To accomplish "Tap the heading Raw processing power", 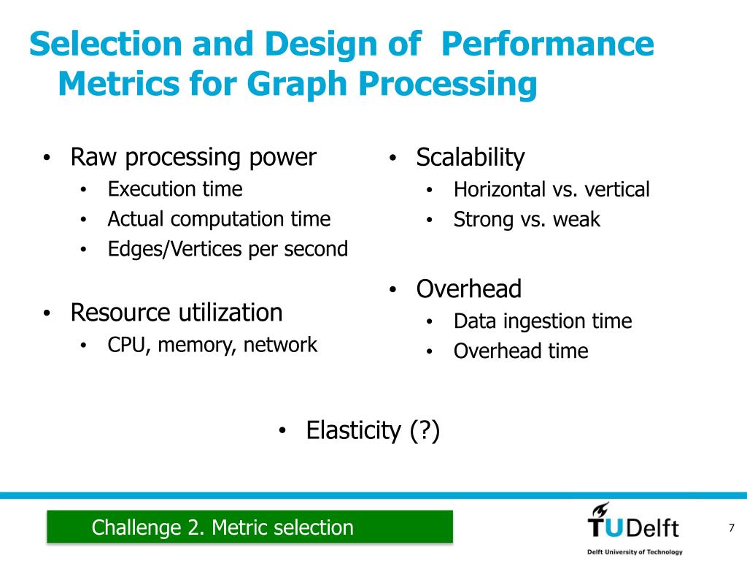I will pyautogui.click(x=193, y=157).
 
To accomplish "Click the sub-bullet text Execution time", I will pyautogui.click(x=175, y=189).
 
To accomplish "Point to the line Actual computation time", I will pyautogui.click(x=219, y=219).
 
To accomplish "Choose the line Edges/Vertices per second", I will pyautogui.click(x=228, y=249).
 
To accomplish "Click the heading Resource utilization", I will pyautogui.click(x=176, y=313).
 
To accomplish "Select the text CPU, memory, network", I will pyautogui.click(x=212, y=345).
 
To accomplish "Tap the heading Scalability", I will pyautogui.click(x=470, y=157).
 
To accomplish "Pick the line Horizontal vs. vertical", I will pyautogui.click(x=551, y=190).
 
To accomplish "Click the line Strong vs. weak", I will pyautogui.click(x=527, y=220).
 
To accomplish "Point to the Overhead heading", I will pyautogui.click(x=468, y=289).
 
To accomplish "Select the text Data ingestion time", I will pyautogui.click(x=542, y=321).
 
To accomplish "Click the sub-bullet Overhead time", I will pyautogui.click(x=520, y=351).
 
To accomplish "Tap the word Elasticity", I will pyautogui.click(x=352, y=430).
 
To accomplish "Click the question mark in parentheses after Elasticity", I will pyautogui.click(x=425, y=430).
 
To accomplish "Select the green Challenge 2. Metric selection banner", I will pyautogui.click(x=249, y=527).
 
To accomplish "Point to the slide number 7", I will pyautogui.click(x=730, y=528).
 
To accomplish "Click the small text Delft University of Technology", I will pyautogui.click(x=635, y=552).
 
